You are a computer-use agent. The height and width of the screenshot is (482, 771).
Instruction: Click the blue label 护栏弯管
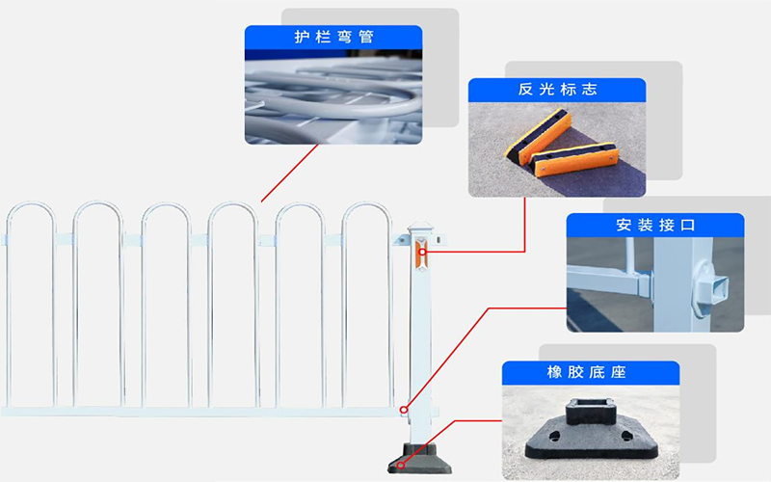(333, 38)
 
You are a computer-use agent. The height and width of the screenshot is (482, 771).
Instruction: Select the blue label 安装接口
(655, 227)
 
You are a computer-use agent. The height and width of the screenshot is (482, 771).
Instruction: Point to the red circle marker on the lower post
(405, 410)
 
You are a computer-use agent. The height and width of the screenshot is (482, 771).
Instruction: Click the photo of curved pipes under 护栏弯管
(333, 96)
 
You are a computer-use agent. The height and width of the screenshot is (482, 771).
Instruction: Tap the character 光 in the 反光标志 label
(546, 90)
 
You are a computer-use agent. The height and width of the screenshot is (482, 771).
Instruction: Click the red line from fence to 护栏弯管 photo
(289, 174)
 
